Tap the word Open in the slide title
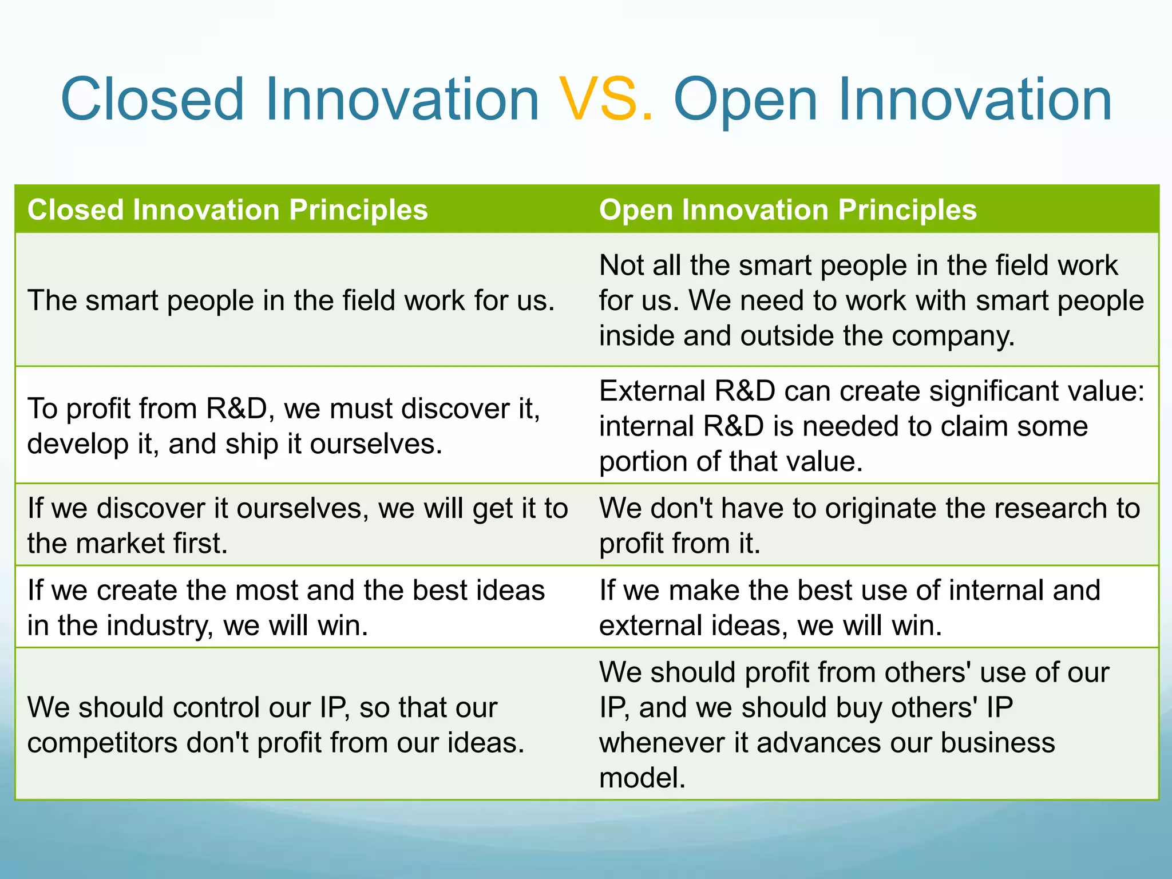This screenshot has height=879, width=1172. click(745, 101)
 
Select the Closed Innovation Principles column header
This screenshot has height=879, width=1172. click(228, 209)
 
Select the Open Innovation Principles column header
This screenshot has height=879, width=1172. click(787, 209)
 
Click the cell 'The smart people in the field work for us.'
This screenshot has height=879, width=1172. click(291, 300)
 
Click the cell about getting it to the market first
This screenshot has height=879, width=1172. click(298, 525)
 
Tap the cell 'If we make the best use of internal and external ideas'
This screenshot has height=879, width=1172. click(849, 607)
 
